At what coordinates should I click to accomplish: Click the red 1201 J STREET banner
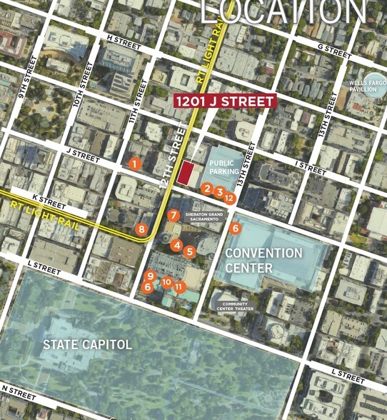pyautogui.click(x=224, y=101)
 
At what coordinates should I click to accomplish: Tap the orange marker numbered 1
pyautogui.click(x=134, y=164)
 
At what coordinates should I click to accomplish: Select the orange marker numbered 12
pyautogui.click(x=230, y=196)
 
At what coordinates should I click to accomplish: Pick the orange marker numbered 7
pyautogui.click(x=173, y=215)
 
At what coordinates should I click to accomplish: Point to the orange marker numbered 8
pyautogui.click(x=141, y=229)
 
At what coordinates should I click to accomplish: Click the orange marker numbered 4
pyautogui.click(x=176, y=245)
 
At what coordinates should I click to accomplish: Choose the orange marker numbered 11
pyautogui.click(x=179, y=286)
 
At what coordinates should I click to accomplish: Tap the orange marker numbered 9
pyautogui.click(x=150, y=276)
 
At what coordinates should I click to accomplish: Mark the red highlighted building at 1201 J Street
pyautogui.click(x=188, y=172)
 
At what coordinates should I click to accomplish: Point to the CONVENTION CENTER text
pyautogui.click(x=263, y=261)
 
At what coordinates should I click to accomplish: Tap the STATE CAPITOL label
pyautogui.click(x=87, y=345)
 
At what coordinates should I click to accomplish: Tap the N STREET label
pyautogui.click(x=19, y=391)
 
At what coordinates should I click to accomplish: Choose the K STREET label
pyautogui.click(x=49, y=199)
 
